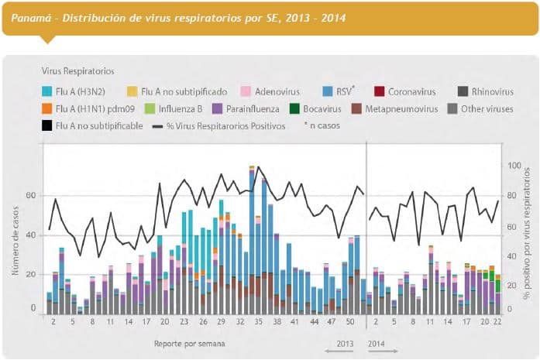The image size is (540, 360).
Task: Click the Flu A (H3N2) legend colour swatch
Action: (46, 91)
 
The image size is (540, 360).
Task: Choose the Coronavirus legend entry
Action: (411, 91)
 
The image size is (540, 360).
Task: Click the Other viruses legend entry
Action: (487, 108)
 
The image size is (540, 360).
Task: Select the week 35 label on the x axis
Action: (258, 321)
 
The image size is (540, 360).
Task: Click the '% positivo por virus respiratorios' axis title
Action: (526, 232)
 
